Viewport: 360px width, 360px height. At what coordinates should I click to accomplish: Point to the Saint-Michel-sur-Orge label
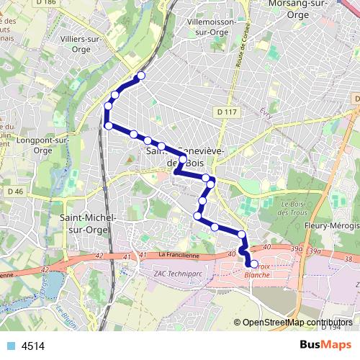pyautogui.click(x=88, y=222)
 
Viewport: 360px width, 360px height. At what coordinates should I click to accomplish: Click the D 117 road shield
pyautogui.click(x=226, y=112)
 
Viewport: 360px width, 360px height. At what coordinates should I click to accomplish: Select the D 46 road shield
pyautogui.click(x=16, y=192)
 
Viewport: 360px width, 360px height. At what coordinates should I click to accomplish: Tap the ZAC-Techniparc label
pyautogui.click(x=180, y=274)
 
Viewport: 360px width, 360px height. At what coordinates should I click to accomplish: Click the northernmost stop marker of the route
pyautogui.click(x=141, y=76)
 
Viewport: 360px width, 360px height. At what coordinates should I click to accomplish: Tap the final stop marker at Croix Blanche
pyautogui.click(x=253, y=264)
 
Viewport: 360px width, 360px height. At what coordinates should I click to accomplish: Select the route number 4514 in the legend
pyautogui.click(x=33, y=346)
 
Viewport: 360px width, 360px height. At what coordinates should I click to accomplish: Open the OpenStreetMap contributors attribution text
pyautogui.click(x=297, y=323)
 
